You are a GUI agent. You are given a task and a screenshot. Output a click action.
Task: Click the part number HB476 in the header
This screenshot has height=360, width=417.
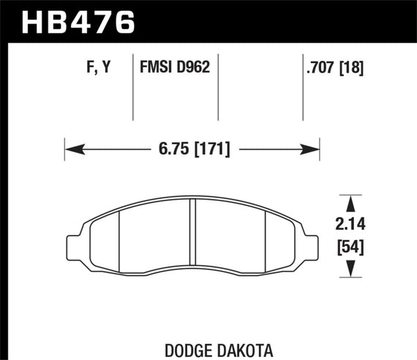tap(79, 20)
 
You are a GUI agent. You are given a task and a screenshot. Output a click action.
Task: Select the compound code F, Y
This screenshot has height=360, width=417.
tap(96, 69)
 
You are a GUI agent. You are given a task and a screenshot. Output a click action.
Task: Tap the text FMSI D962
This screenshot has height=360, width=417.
tap(175, 69)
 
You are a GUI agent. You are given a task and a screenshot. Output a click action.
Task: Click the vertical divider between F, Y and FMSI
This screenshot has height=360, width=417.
tap(132, 88)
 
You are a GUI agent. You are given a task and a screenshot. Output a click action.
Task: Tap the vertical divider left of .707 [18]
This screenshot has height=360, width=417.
tap(304, 88)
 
